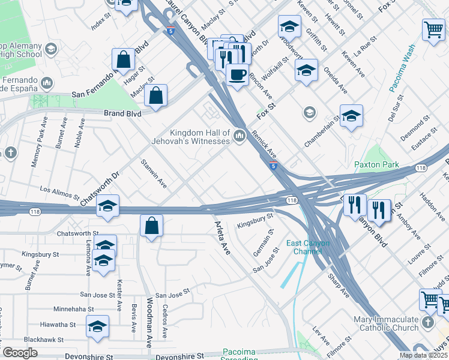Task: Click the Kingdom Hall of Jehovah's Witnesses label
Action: pos(200,137)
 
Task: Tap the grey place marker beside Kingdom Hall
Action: pos(240,137)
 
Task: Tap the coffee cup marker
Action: pos(237,75)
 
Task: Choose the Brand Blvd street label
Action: pos(122,113)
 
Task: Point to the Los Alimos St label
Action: pos(59,192)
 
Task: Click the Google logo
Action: pos(20,353)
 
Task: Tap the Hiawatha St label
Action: pos(56,325)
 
